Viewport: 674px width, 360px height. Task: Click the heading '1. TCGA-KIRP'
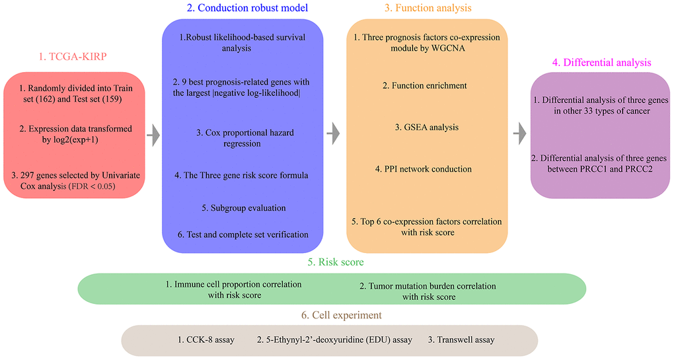[x=73, y=57]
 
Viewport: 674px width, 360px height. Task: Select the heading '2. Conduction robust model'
[x=247, y=8]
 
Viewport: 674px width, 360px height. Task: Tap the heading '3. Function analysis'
[x=428, y=8]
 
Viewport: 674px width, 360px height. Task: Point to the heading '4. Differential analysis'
[x=601, y=63]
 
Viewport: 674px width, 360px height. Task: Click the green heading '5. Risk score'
[x=336, y=262]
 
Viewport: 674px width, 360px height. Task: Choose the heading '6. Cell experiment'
[x=342, y=315]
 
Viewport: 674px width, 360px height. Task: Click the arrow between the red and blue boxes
[x=153, y=135]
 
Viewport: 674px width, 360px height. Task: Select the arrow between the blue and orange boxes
[x=333, y=133]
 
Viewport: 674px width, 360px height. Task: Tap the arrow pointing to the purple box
[x=520, y=133]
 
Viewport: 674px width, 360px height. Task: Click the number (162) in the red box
[x=45, y=99]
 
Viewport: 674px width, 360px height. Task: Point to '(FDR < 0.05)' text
[x=92, y=186]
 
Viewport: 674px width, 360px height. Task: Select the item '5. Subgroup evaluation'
[x=244, y=208]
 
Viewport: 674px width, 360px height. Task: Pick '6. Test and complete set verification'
[x=243, y=234]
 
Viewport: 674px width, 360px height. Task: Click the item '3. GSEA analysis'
[x=427, y=127]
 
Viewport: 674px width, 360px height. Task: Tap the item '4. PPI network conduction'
[x=424, y=169]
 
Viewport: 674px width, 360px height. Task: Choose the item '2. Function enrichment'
[x=425, y=85]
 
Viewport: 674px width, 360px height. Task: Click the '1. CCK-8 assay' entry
[x=206, y=340]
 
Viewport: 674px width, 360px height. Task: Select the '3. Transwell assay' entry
[x=461, y=340]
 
